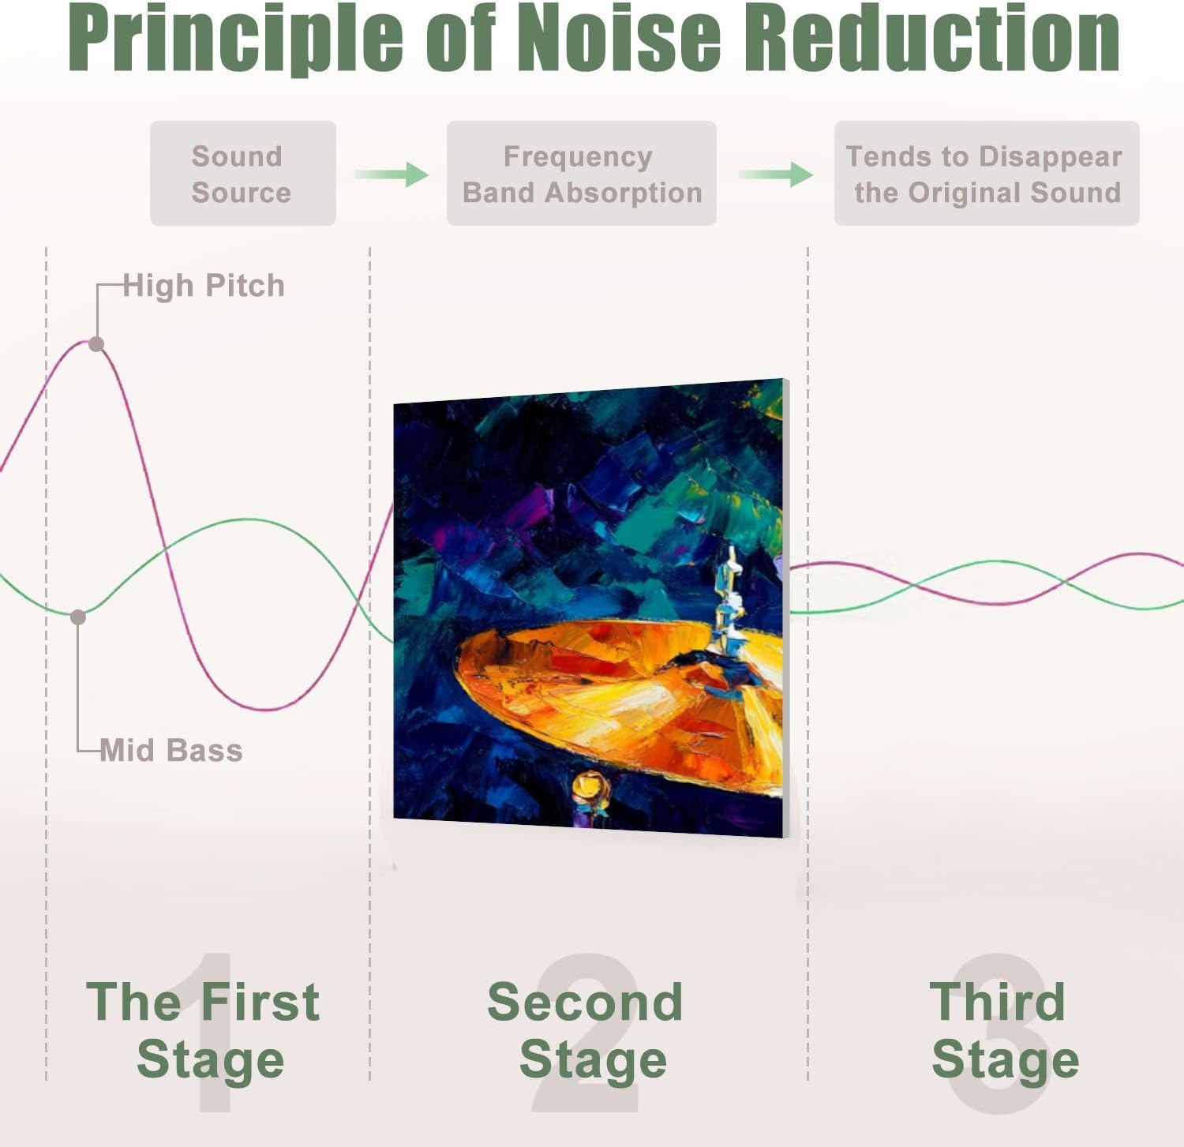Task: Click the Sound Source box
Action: coord(243,174)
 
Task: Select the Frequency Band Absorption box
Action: coord(582,174)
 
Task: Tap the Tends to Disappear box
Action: coord(987,174)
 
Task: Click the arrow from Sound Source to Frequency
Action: coord(392,174)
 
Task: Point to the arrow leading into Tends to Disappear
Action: coord(776,174)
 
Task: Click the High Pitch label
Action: coord(204,286)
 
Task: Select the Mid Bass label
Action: coord(171,750)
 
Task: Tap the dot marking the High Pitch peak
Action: coord(96,344)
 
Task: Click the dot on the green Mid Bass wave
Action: coord(78,617)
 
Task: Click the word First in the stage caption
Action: coord(260,1002)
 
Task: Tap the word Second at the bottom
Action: coord(585,1002)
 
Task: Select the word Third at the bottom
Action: coord(998,1002)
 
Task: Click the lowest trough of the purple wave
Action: coord(268,709)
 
